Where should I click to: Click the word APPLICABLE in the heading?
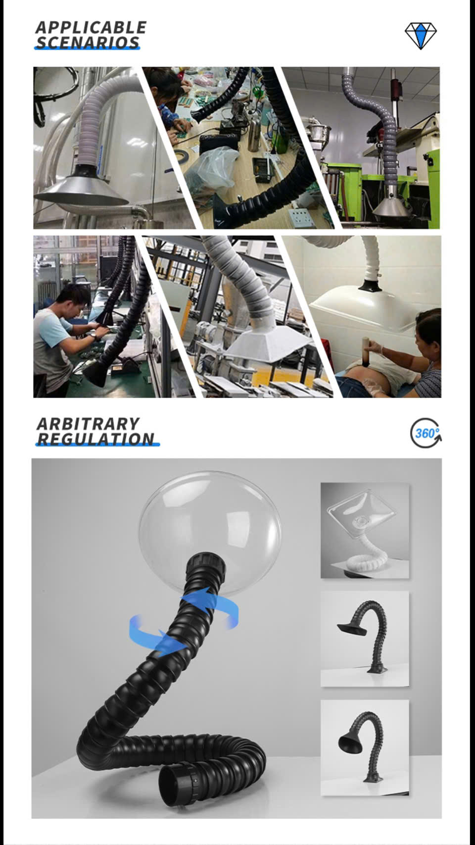pyautogui.click(x=91, y=28)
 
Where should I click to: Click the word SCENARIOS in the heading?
pyautogui.click(x=88, y=43)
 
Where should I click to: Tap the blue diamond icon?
pyautogui.click(x=421, y=36)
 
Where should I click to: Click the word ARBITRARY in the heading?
pyautogui.click(x=88, y=424)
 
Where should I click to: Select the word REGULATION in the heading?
pyautogui.click(x=96, y=439)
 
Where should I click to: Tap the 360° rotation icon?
pyautogui.click(x=426, y=433)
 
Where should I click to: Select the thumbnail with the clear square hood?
pyautogui.click(x=365, y=530)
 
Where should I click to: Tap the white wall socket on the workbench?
pyautogui.click(x=302, y=218)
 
